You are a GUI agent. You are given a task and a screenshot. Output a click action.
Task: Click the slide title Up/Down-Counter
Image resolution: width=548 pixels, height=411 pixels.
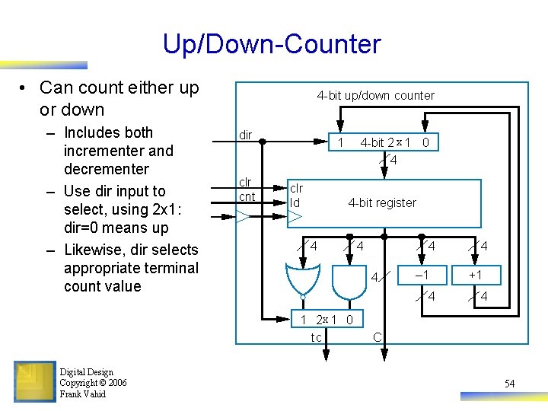272,43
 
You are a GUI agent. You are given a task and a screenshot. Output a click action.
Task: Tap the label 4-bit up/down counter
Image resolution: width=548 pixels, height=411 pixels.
375,95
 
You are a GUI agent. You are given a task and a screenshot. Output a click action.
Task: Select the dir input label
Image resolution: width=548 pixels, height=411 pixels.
246,135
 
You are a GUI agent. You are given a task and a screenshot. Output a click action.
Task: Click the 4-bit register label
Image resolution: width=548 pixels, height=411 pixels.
382,202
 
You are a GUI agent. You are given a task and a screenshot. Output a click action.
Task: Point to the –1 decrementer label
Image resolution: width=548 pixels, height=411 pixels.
423,275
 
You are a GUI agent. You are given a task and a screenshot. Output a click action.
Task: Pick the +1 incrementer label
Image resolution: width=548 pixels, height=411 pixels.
475,275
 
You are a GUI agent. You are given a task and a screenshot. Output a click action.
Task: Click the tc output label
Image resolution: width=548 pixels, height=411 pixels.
317,337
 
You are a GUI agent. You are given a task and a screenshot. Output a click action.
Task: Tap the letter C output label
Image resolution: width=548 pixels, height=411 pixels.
378,337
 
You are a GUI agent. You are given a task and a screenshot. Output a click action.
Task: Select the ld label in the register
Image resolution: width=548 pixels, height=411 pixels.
295,202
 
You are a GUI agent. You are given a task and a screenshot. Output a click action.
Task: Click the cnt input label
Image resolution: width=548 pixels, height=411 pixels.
247,197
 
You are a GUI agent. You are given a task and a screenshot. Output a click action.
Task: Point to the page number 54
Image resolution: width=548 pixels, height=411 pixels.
509,384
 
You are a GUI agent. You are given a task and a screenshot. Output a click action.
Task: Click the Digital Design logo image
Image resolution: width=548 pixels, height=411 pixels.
34,381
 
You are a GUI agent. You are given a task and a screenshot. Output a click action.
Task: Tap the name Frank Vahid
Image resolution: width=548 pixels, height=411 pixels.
83,393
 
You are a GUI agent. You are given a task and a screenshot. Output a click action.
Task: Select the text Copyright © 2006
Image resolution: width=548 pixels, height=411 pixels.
93,383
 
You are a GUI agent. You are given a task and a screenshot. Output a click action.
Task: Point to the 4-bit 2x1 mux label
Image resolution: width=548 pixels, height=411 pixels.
385,142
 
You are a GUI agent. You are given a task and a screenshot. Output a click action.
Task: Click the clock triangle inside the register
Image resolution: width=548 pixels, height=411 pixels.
295,218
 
